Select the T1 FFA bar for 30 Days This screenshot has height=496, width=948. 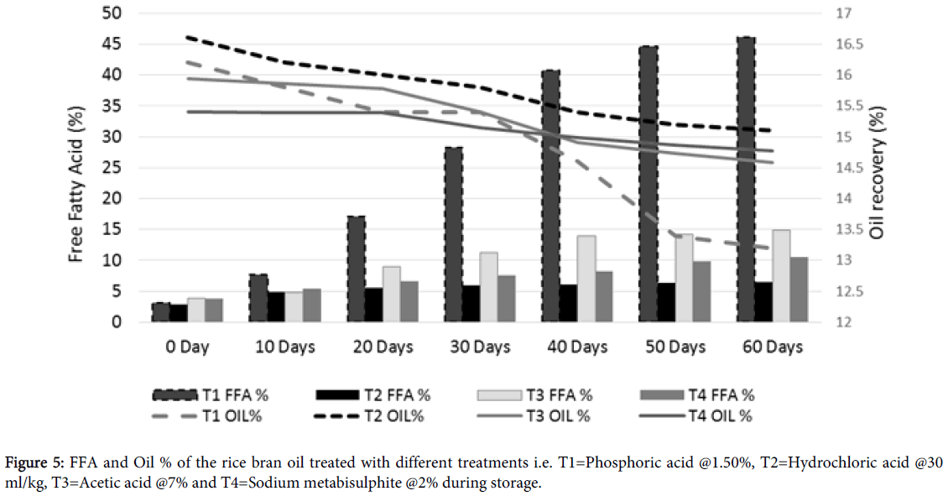point(454,235)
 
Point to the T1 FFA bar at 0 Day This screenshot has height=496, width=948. point(161,312)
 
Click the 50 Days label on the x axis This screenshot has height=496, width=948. point(677,347)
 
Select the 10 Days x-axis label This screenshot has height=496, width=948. point(286,347)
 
